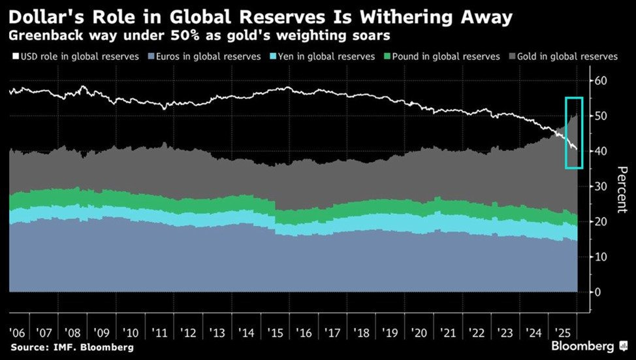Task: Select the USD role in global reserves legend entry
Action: (x=74, y=56)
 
